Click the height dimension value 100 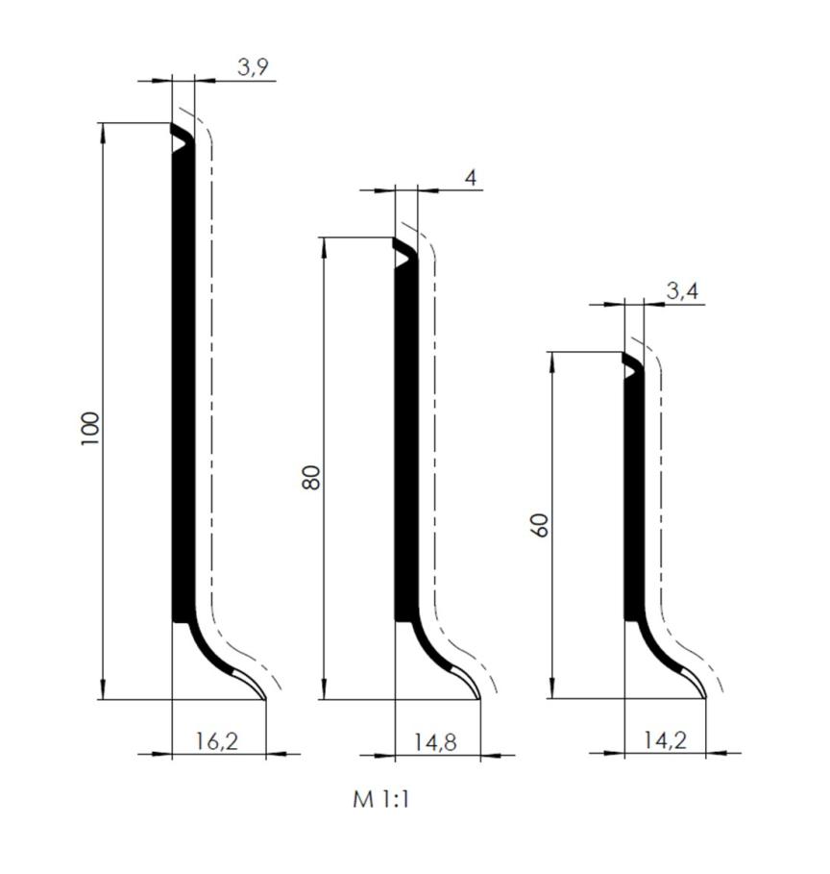coord(90,427)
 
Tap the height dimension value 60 coord(540,524)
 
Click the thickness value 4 coord(470,178)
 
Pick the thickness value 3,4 coord(681,291)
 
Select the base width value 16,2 coord(217,741)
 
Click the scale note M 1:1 coord(381,799)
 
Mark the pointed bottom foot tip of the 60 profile coord(705,697)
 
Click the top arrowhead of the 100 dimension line coord(102,131)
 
